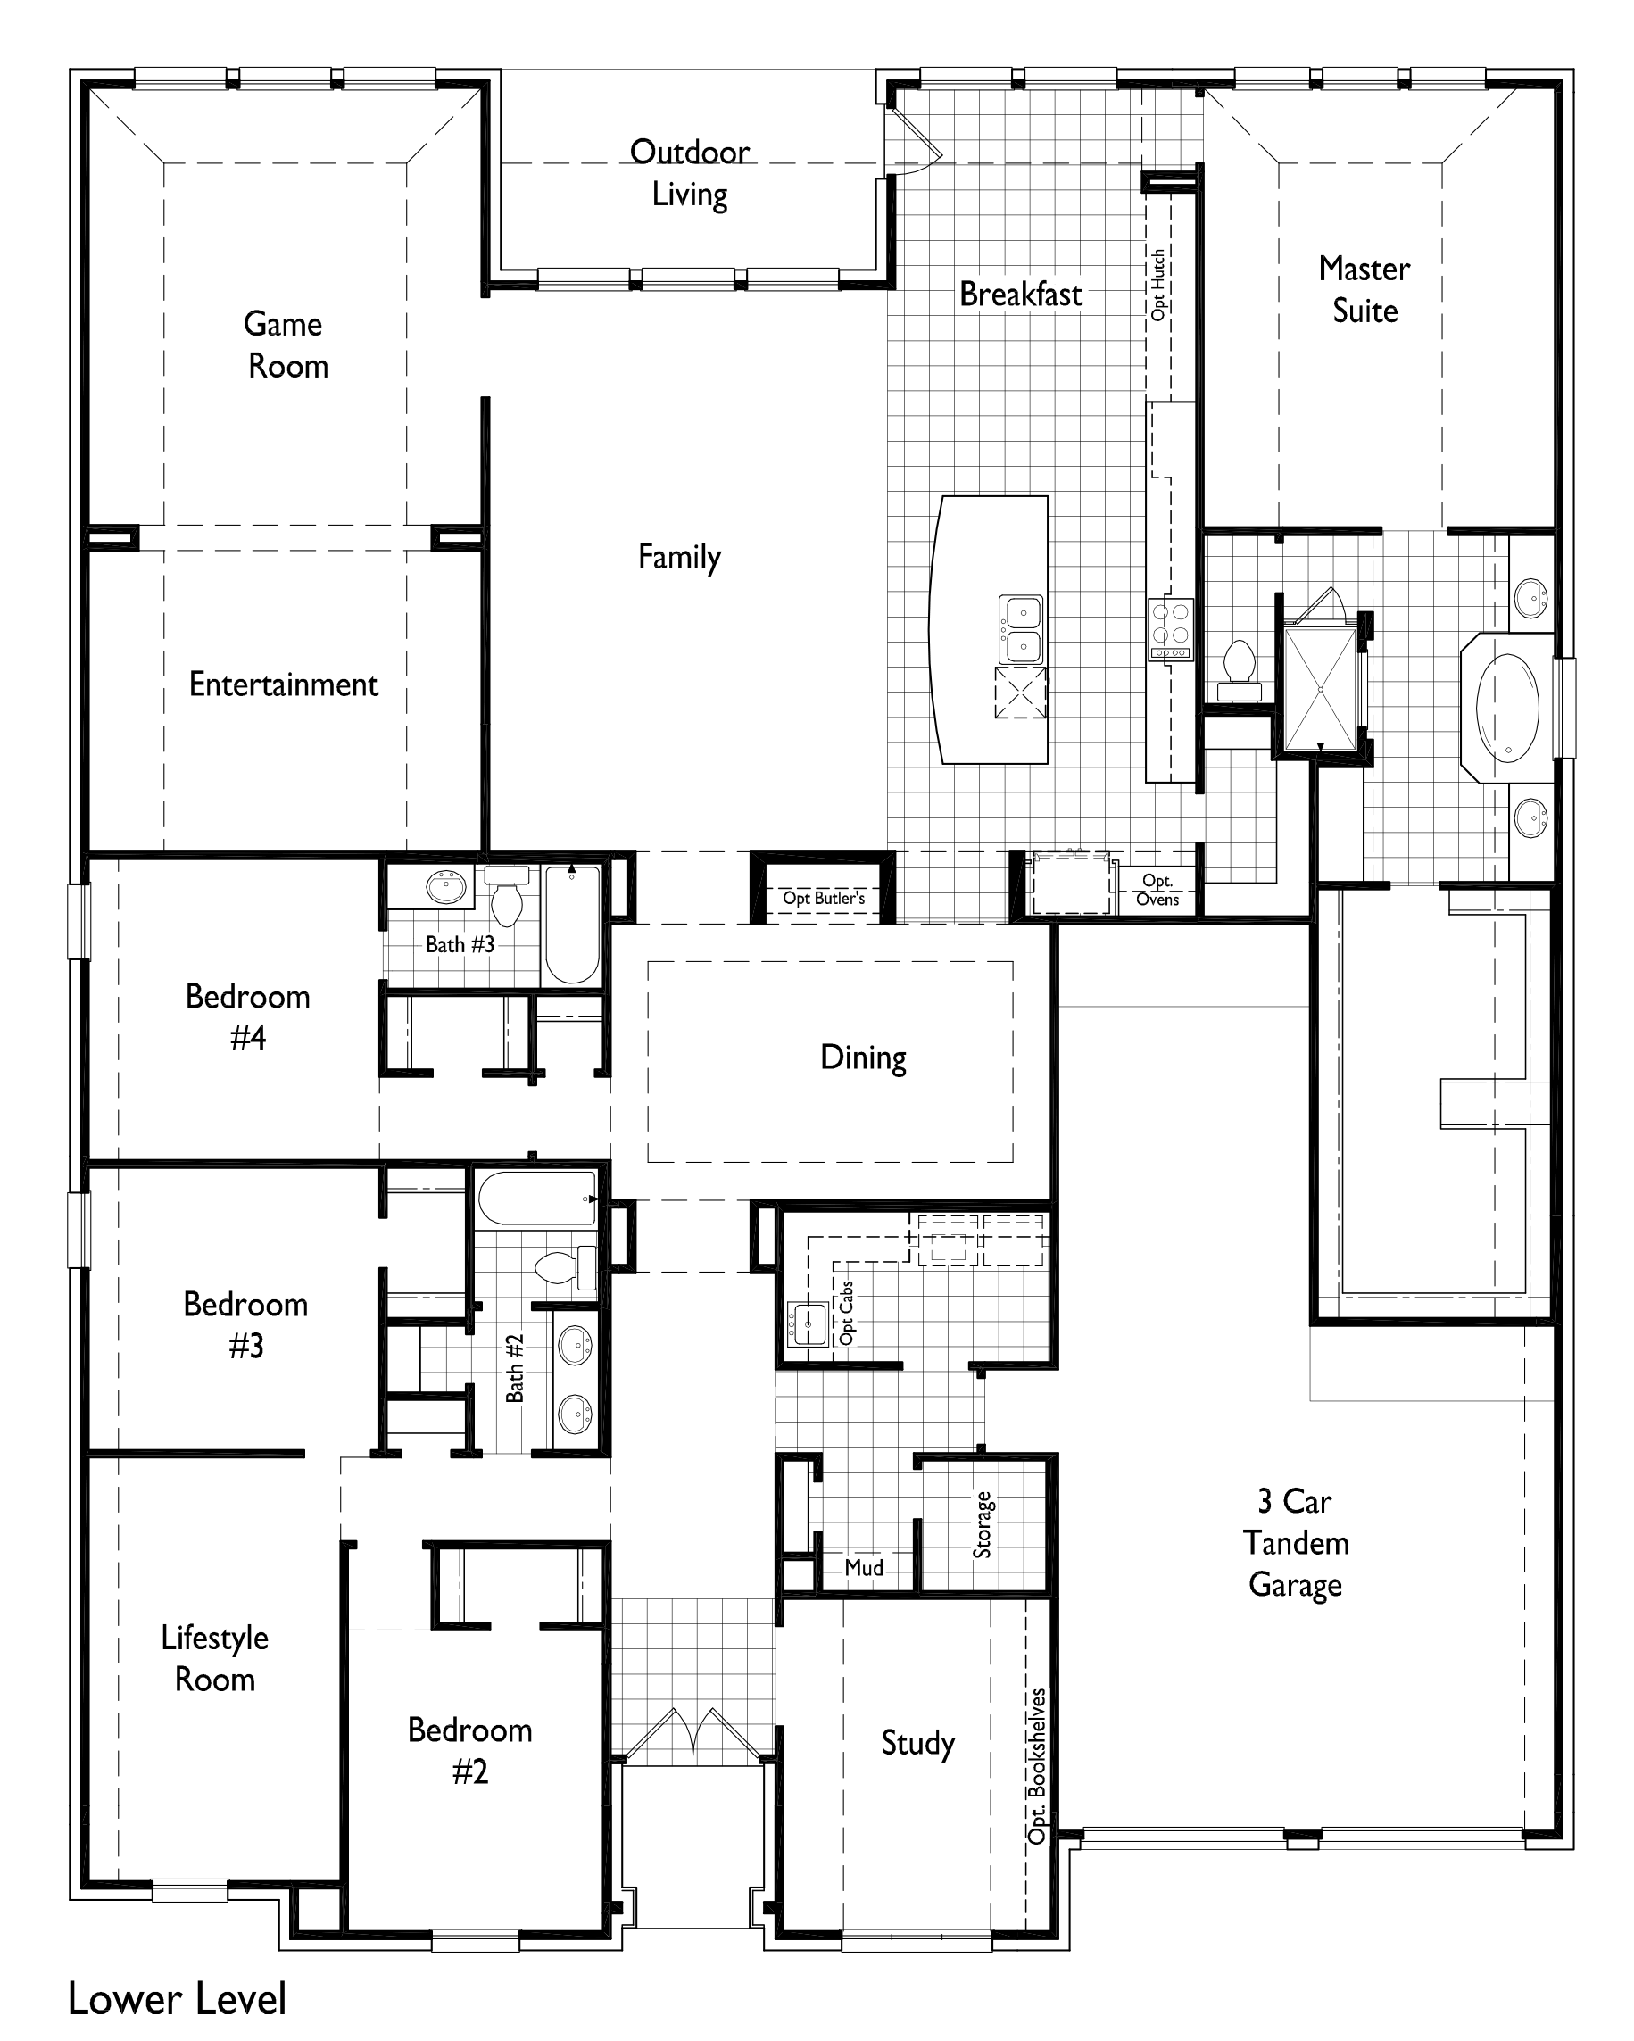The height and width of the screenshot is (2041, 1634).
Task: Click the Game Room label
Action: (x=285, y=344)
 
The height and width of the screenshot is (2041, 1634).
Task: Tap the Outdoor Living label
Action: (x=689, y=173)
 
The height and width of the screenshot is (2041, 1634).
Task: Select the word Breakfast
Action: (x=1020, y=295)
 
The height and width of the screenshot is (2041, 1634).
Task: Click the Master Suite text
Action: (x=1364, y=290)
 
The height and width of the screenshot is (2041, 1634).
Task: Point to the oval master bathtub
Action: (x=1507, y=708)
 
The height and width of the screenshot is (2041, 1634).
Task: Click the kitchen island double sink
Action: (x=1021, y=629)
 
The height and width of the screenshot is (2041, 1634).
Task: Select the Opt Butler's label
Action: (x=824, y=898)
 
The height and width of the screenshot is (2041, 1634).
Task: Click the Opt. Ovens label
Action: (x=1157, y=890)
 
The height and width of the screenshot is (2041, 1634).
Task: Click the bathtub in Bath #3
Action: (x=572, y=925)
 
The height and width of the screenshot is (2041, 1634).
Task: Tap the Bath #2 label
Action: (x=514, y=1368)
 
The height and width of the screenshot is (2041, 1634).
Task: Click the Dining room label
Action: (x=862, y=1057)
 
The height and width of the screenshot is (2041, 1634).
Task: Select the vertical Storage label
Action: (x=983, y=1524)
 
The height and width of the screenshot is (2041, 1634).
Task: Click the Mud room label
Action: (x=863, y=1568)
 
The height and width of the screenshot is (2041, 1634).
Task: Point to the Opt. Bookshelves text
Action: (x=1037, y=1765)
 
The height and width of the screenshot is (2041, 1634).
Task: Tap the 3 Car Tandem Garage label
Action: (x=1294, y=1543)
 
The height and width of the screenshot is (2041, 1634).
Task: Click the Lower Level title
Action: (x=177, y=1998)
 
